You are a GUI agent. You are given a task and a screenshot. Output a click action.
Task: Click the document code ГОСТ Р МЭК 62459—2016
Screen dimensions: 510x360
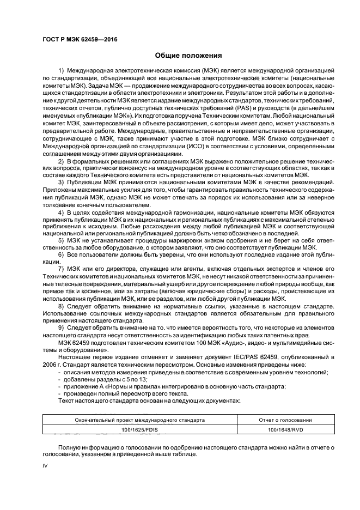tap(80, 39)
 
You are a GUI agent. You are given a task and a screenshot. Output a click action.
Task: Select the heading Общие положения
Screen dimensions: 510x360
tap(188, 55)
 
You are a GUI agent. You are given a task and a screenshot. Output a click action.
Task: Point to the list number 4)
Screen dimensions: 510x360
tap(61, 211)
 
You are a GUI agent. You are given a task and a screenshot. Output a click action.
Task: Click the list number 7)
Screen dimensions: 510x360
tap(61, 270)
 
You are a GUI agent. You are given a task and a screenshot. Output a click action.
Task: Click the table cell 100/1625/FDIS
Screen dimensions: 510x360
tap(141, 430)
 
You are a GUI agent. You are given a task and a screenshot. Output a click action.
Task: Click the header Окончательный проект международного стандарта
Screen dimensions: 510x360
tap(141, 420)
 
